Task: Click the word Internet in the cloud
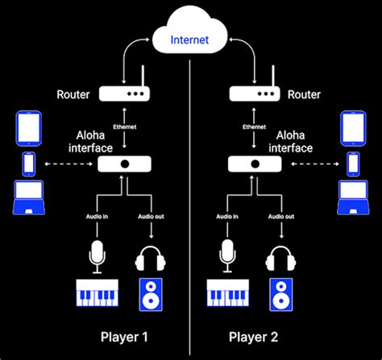click(190, 37)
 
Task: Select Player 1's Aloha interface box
click(124, 164)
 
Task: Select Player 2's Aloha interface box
click(255, 164)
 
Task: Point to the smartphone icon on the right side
click(352, 163)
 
